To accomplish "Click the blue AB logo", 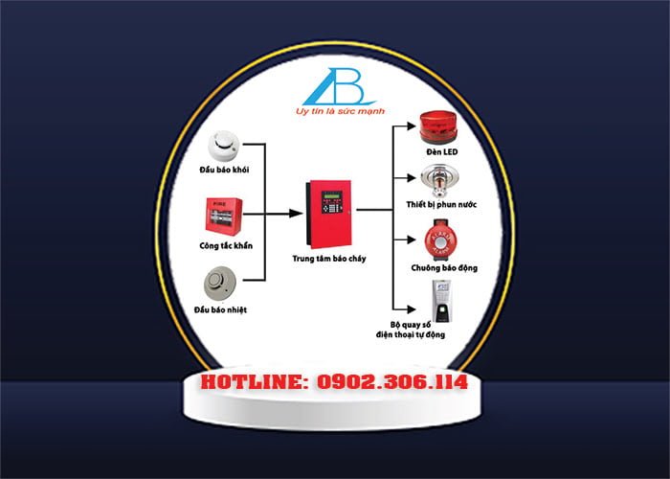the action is coord(339,87).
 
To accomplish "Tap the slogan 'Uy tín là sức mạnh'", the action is coord(340,111).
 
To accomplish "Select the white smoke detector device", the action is coord(223,146).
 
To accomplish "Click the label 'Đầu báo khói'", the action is coord(224,170).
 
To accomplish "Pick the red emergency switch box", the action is coord(224,217).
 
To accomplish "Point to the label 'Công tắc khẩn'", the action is coord(226,246).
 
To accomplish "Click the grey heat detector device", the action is coord(219,284).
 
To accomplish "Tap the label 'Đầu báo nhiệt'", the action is coord(220,309).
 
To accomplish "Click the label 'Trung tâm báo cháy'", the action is coord(329,259).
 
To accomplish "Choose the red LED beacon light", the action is coord(438,127).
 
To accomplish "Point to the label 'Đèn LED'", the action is coord(442,151).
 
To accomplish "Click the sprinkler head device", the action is coord(439,181).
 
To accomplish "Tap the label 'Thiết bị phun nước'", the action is coord(441,204).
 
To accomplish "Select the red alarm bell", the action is coord(441,239).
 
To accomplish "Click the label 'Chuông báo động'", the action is coord(444,268).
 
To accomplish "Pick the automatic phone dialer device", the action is coord(441,301).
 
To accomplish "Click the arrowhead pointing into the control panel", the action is coord(296,213).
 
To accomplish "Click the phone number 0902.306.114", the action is coord(391,382).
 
